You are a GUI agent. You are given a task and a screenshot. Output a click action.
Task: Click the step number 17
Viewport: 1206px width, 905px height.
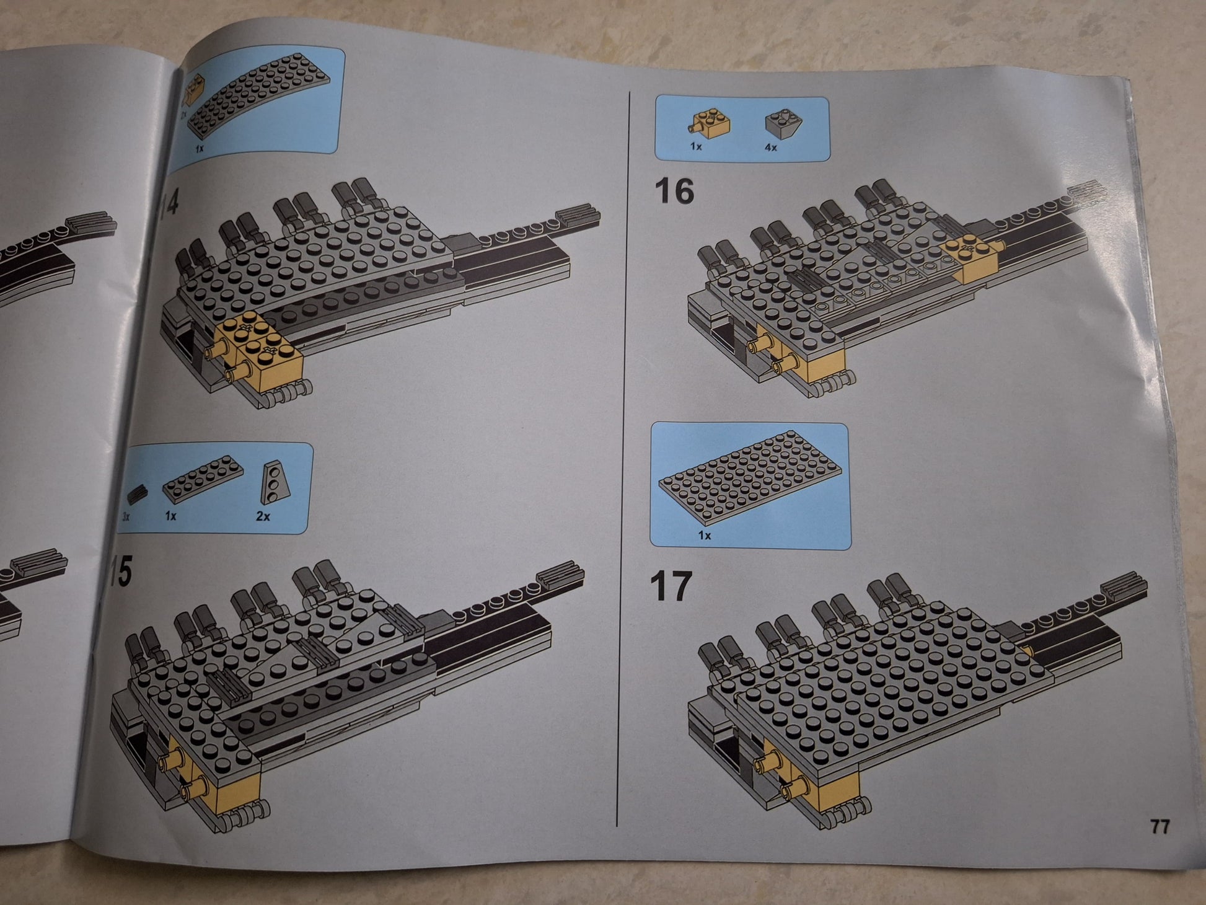tap(670, 586)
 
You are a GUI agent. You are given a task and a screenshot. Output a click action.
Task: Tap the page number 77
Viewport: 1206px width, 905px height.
tap(1160, 827)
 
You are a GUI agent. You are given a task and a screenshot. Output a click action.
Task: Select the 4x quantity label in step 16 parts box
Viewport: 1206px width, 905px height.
tap(770, 148)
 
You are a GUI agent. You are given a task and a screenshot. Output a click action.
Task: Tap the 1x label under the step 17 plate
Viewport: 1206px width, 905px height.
tap(705, 535)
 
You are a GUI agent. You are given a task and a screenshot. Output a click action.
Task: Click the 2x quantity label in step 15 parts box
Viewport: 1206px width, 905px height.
tap(263, 516)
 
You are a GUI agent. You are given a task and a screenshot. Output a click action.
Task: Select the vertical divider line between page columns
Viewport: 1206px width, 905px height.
tap(623, 459)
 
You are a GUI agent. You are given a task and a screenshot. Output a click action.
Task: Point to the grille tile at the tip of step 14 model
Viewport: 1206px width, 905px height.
tap(578, 214)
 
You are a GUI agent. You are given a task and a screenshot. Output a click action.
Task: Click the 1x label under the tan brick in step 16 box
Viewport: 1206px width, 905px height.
tap(696, 147)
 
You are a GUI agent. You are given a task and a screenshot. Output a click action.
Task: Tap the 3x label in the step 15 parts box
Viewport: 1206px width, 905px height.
tap(126, 516)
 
